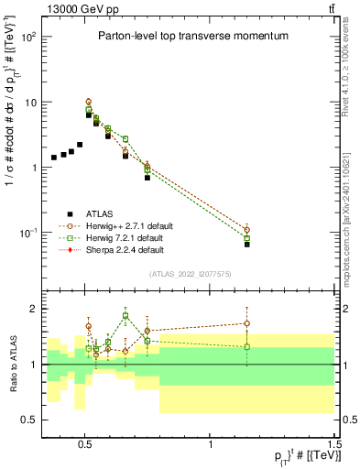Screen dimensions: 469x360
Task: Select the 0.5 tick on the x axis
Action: (85, 441)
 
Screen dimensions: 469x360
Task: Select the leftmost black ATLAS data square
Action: (54, 158)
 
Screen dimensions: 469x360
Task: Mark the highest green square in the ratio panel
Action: (125, 315)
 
